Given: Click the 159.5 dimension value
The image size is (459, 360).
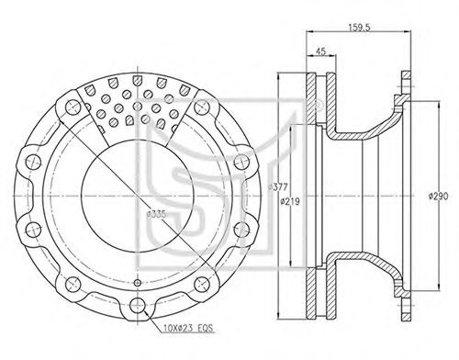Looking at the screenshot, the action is (359, 28).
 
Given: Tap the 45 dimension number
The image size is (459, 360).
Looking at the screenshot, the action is (320, 51).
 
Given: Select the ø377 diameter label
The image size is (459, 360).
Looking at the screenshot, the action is (277, 187).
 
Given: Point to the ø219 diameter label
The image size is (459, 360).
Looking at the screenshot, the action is (290, 202).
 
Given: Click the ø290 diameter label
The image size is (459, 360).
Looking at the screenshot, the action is (438, 197).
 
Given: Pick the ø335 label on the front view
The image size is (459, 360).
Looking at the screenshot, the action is (156, 214).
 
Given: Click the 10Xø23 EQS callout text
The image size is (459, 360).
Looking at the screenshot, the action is (188, 329).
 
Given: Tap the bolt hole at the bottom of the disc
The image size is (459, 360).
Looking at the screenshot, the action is (138, 305).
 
